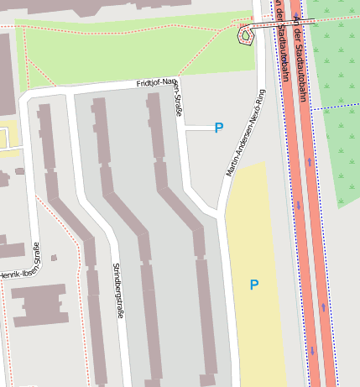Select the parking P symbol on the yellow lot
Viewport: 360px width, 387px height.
click(x=253, y=285)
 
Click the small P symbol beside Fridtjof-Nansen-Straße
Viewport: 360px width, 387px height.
click(x=219, y=128)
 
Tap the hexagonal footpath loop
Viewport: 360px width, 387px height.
click(x=246, y=35)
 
